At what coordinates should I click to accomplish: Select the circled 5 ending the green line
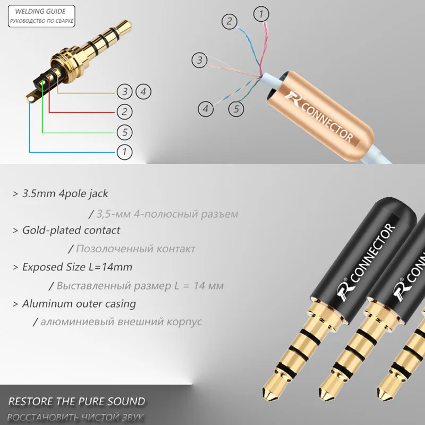point(124,131)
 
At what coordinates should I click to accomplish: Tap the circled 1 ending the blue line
point(124,152)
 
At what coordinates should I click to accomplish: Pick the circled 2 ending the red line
point(124,111)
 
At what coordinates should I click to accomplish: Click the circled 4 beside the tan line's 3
point(142,91)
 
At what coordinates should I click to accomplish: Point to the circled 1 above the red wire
point(261,14)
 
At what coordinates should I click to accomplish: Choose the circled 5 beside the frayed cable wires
point(236,109)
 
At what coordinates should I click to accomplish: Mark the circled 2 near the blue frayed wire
point(229,21)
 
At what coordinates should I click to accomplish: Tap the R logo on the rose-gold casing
point(294,97)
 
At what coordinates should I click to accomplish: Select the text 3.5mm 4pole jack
point(65,193)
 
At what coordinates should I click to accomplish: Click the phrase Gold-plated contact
point(71,230)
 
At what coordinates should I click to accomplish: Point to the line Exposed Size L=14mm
point(77,267)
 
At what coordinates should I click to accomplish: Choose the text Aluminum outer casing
point(79,304)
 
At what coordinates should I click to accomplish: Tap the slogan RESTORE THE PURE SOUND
point(76,401)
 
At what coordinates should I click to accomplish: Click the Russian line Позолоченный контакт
point(135,249)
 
